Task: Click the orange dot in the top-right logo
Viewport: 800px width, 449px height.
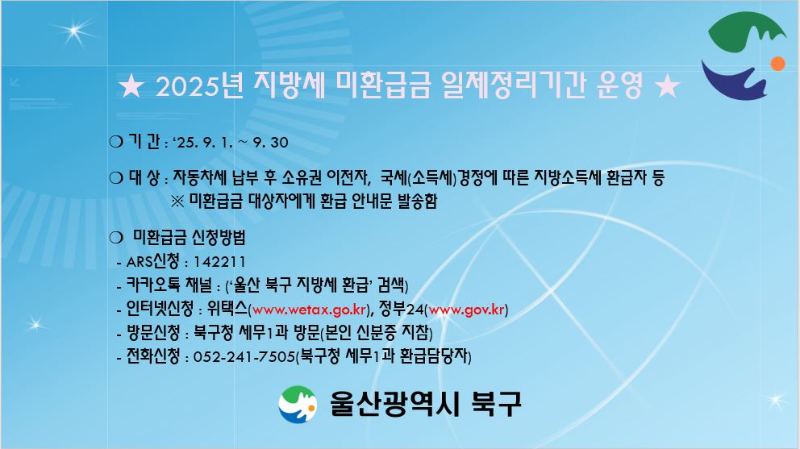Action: click(x=777, y=64)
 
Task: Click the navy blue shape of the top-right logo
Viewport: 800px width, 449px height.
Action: click(x=735, y=81)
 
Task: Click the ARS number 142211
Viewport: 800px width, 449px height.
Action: click(x=219, y=262)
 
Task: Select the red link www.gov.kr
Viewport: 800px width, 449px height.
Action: click(x=466, y=310)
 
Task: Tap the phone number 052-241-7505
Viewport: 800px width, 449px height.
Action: click(x=244, y=356)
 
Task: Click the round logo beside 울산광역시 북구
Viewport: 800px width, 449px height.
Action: click(x=298, y=405)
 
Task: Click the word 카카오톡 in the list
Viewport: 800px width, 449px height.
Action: click(x=152, y=285)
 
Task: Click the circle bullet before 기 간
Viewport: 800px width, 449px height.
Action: click(x=116, y=142)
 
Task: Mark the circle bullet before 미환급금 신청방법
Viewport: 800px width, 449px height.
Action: click(x=116, y=237)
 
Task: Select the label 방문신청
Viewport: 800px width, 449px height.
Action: click(x=153, y=333)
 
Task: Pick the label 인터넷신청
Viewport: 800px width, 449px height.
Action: click(x=160, y=309)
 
